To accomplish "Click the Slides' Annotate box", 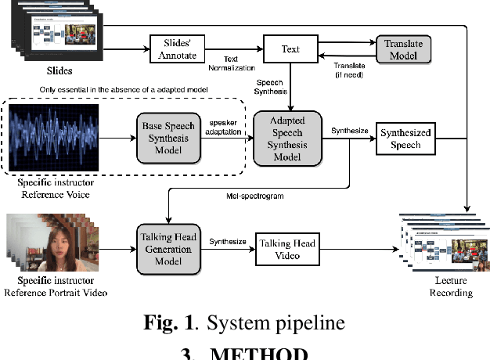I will click(x=177, y=50).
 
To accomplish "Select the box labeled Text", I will click(x=290, y=50).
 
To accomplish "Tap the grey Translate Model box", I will click(x=403, y=50).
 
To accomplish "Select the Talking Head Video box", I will click(x=287, y=250).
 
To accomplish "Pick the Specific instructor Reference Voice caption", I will click(x=54, y=188).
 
